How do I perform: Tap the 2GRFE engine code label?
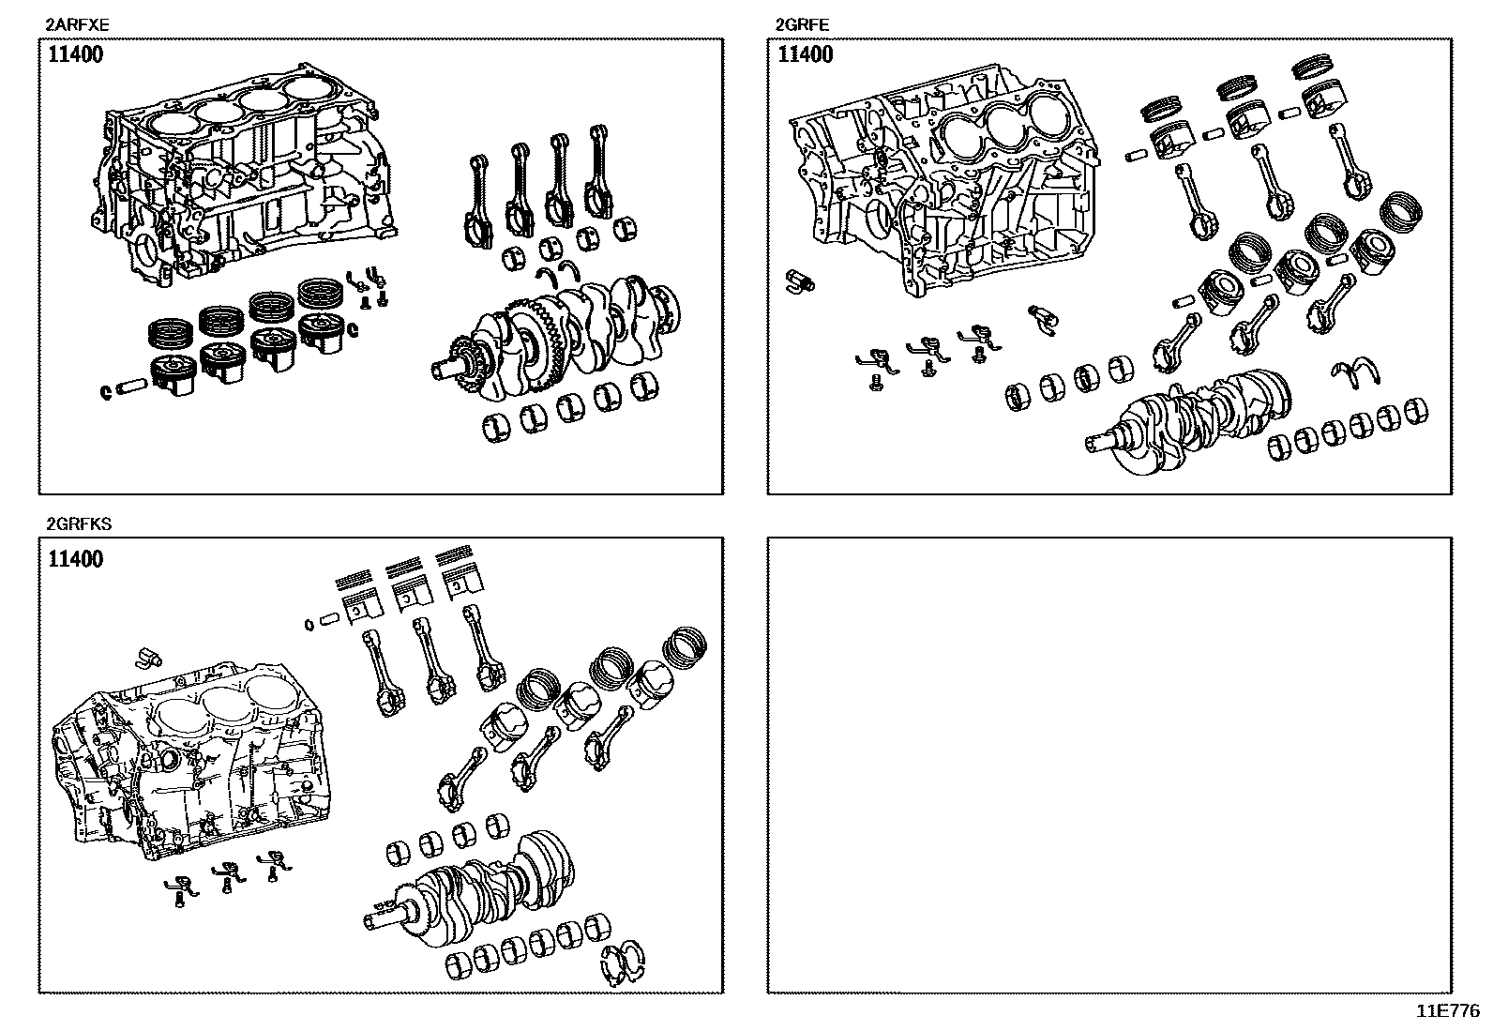click(802, 25)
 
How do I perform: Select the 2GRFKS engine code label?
click(79, 524)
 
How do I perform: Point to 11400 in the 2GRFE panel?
click(805, 54)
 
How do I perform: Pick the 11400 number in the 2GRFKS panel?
click(75, 560)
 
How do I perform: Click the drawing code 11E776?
click(1447, 1010)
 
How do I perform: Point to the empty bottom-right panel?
click(1109, 765)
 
